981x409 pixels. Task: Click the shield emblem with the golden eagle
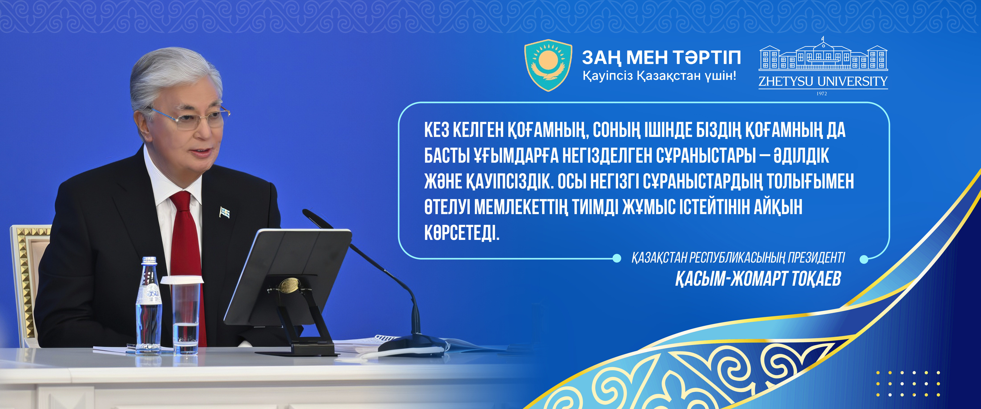pyautogui.click(x=548, y=65)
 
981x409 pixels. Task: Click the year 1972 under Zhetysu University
pyautogui.click(x=822, y=93)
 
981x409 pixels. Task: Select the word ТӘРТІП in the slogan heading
pyautogui.click(x=706, y=58)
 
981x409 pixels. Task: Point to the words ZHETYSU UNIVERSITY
pyautogui.click(x=823, y=81)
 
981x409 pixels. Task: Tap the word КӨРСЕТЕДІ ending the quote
pyautogui.click(x=462, y=233)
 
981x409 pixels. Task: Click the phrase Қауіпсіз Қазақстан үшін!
pyautogui.click(x=659, y=76)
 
